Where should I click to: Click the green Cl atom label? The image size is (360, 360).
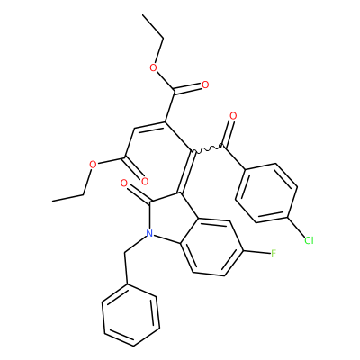point(309,240)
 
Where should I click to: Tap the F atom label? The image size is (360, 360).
point(274,254)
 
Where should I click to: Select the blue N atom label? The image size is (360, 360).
point(149,233)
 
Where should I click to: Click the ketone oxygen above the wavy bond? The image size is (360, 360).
point(233,116)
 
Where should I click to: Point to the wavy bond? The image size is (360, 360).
point(208,149)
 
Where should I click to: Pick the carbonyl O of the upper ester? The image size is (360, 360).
point(205,85)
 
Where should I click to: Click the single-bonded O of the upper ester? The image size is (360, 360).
point(153,67)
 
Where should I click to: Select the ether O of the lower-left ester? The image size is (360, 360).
point(93,165)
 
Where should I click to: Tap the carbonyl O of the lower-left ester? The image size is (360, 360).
point(145,181)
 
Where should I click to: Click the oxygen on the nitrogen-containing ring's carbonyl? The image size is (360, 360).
point(123,183)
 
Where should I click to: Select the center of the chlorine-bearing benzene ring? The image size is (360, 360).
point(266,193)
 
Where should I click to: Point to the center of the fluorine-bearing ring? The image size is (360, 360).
point(213,247)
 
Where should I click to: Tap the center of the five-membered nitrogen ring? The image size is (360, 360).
point(172,217)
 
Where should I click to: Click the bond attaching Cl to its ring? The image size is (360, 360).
point(296,227)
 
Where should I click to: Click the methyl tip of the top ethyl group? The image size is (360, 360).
point(143,14)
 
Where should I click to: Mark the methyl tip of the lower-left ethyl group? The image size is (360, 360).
point(52,201)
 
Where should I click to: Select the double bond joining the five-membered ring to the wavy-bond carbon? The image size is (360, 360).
point(186,172)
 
